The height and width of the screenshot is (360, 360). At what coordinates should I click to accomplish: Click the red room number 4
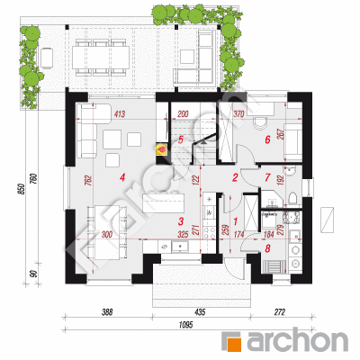tap(121, 178)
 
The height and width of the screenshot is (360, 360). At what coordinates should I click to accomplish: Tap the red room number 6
tap(267, 139)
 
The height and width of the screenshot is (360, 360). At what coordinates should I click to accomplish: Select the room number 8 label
tap(267, 248)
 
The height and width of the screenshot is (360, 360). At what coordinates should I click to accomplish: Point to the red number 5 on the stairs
tap(180, 139)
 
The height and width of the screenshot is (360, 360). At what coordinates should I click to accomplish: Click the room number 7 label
tap(267, 177)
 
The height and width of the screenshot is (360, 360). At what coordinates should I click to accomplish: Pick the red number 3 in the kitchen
tap(180, 221)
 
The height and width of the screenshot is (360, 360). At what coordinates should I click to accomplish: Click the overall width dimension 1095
tap(185, 325)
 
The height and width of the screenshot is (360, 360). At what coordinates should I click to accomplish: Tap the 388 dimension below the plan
tap(107, 312)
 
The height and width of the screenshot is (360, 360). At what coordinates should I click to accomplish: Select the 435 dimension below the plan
tap(200, 312)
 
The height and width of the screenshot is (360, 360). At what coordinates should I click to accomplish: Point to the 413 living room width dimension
tap(120, 114)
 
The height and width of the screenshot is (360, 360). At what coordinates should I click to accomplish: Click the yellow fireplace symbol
tap(161, 148)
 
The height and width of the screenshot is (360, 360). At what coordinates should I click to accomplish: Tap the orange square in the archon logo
tap(231, 341)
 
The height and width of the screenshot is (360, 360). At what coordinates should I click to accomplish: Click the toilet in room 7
tap(292, 199)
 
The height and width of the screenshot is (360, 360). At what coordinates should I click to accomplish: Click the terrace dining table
tap(101, 58)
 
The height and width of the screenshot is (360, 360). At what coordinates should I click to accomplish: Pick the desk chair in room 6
tap(260, 123)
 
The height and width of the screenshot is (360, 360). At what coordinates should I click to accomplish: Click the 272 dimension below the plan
tap(279, 312)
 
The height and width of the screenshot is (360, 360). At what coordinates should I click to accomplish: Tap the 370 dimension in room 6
tap(238, 113)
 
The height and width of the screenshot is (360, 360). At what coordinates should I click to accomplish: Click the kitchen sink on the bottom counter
tap(180, 247)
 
